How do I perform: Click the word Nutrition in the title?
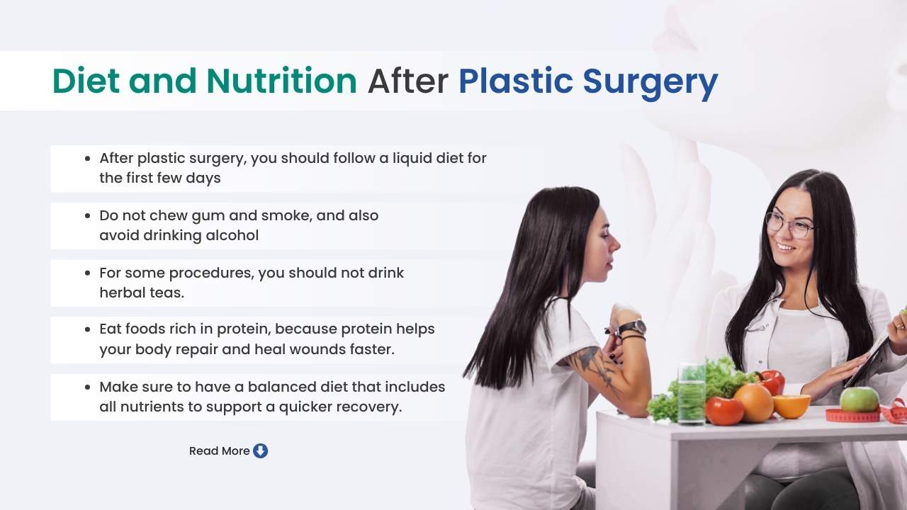coord(281,81)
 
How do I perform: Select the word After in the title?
coord(407,81)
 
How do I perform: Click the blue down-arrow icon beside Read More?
coord(261,450)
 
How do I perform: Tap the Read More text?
coord(219,450)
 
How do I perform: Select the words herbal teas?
coord(141,292)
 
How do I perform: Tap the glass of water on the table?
coord(691,393)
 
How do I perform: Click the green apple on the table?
coord(859,399)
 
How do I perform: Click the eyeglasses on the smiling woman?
coord(788,225)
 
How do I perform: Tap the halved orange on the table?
coord(791,406)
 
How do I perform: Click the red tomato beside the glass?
coord(724,411)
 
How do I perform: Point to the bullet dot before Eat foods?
coord(87,329)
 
